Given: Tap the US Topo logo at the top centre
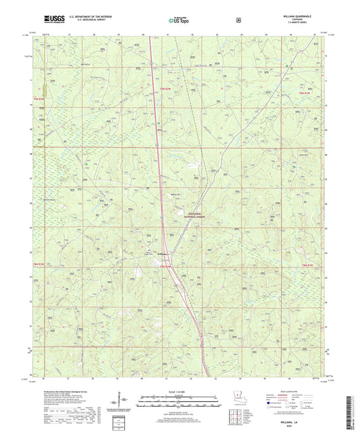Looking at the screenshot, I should tap(179, 21).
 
